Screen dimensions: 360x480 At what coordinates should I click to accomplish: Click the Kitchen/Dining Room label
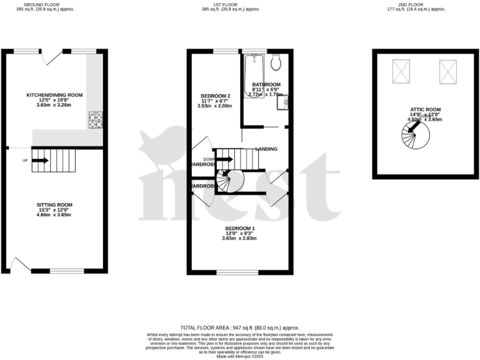tap(54, 95)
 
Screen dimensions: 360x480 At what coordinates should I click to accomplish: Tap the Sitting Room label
tap(54, 204)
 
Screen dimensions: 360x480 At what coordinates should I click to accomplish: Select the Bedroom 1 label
tap(240, 228)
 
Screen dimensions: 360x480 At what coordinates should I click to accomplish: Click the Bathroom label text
tap(266, 84)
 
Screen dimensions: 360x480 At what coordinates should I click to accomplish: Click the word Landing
tap(266, 149)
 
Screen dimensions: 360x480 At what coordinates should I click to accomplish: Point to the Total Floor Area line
tap(240, 327)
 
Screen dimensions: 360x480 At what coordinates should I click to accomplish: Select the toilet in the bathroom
tap(276, 62)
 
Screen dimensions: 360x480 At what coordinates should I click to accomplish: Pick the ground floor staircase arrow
tap(40, 160)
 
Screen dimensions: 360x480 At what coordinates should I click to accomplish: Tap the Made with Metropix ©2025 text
tap(240, 356)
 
